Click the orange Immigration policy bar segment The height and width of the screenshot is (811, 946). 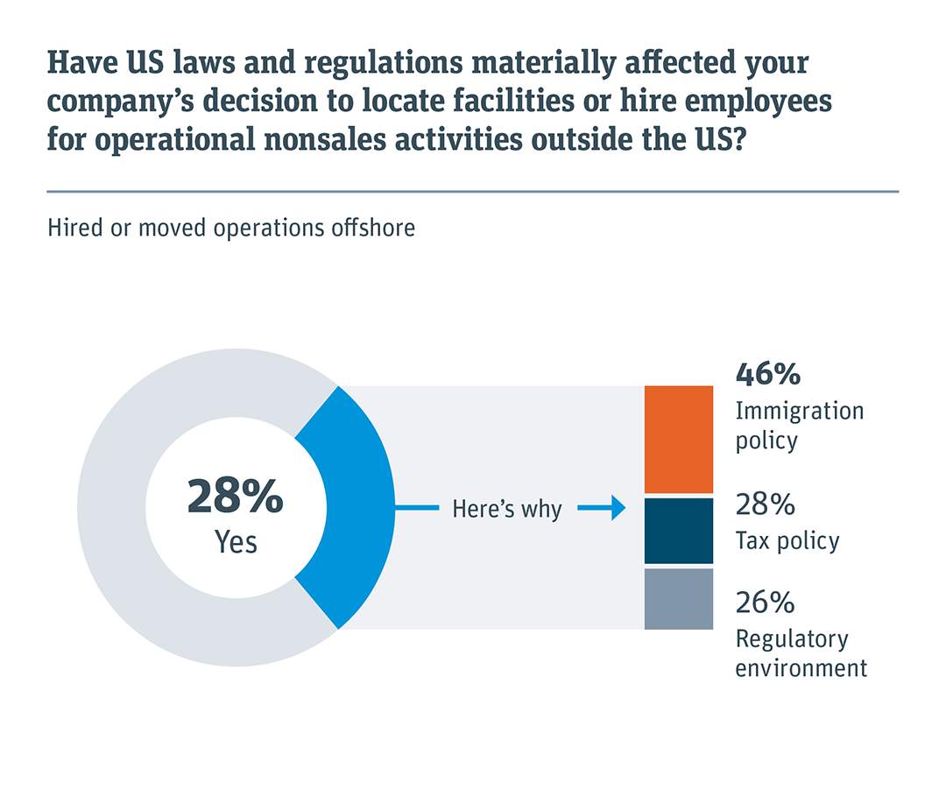[678, 440]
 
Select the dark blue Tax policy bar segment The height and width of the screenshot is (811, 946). [678, 531]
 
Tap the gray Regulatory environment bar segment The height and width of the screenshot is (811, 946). [678, 599]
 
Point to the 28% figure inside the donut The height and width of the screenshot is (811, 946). [235, 497]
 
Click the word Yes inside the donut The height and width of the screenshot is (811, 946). [236, 542]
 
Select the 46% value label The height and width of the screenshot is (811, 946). [767, 374]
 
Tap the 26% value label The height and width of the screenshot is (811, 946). [765, 603]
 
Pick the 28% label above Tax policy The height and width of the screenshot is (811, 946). [765, 504]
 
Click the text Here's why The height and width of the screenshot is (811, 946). [506, 509]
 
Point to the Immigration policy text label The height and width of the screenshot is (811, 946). [799, 425]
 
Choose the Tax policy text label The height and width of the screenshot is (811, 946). [787, 541]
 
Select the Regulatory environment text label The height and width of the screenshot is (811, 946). [801, 653]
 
